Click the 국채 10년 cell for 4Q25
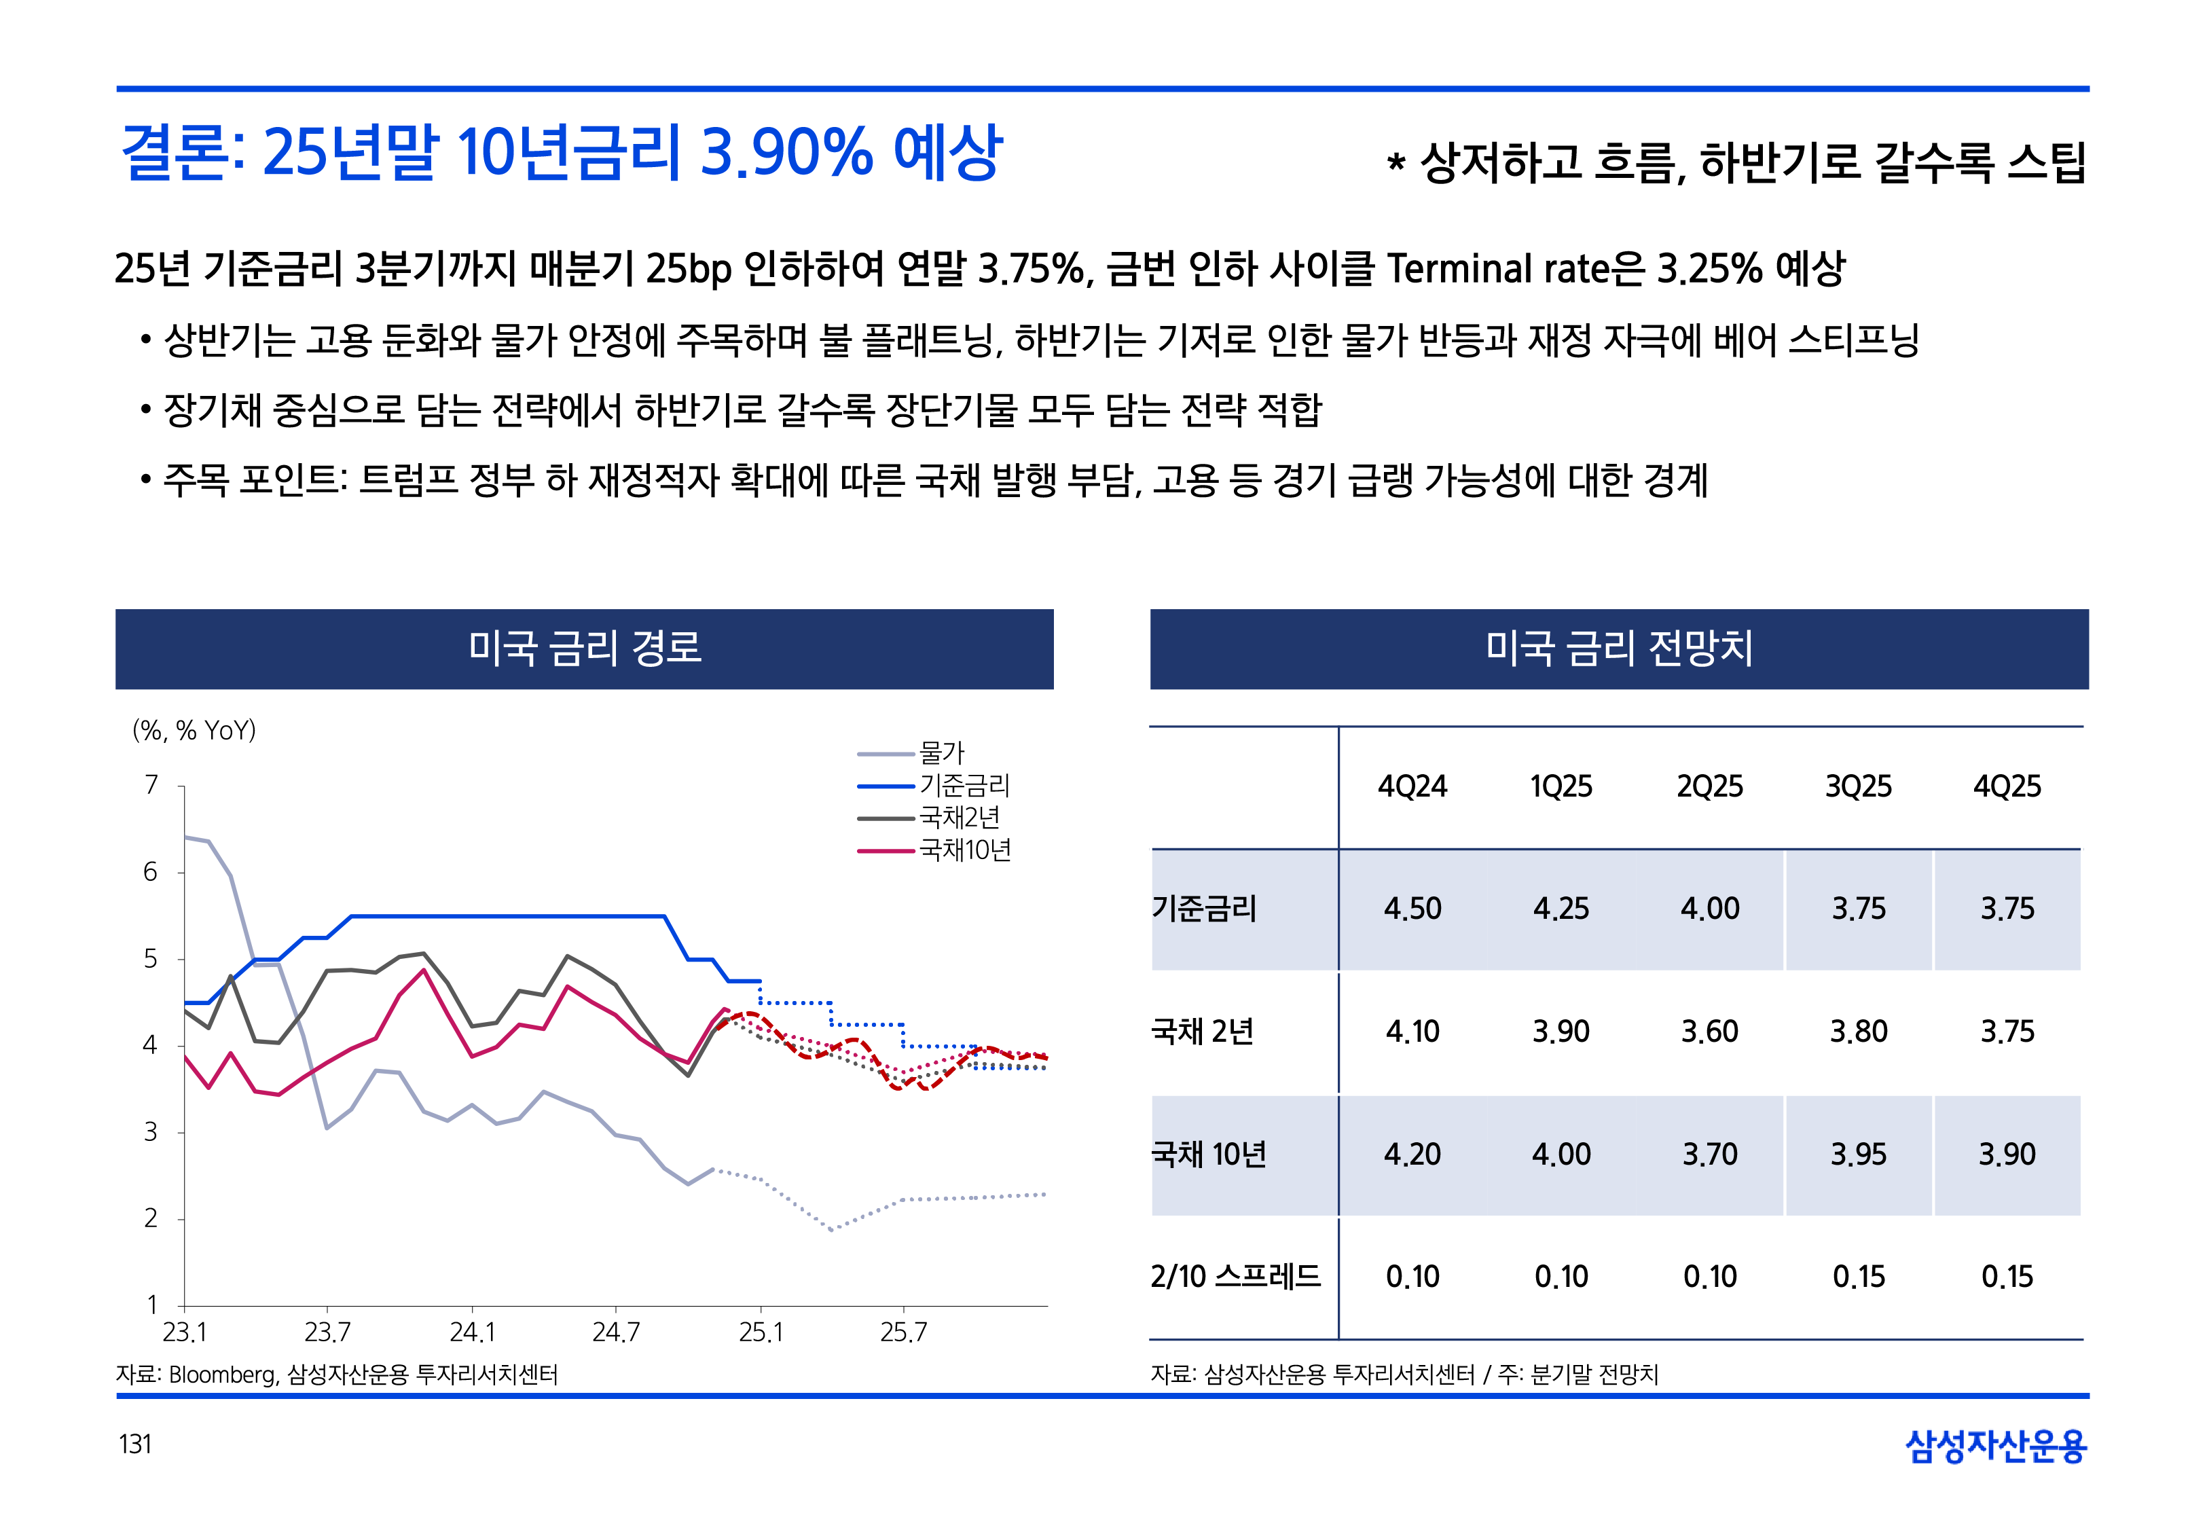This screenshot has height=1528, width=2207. [2006, 1154]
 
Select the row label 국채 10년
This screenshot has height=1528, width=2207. [1208, 1154]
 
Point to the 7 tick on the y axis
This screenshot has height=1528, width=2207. [151, 785]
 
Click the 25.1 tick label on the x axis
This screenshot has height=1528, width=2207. [760, 1332]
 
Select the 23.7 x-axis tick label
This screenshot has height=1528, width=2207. [327, 1332]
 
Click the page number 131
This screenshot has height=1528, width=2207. [135, 1444]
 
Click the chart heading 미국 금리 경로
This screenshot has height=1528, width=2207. [584, 648]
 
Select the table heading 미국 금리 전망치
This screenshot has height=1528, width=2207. [1618, 648]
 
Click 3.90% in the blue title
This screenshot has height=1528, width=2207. [786, 153]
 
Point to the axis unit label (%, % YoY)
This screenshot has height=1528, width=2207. [194, 731]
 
